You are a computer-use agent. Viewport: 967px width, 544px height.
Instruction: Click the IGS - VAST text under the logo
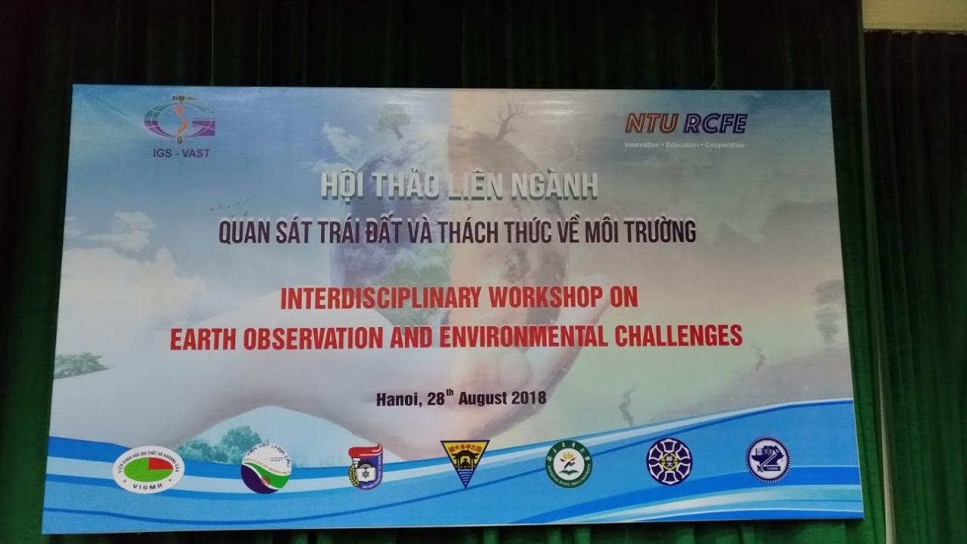[x=178, y=153]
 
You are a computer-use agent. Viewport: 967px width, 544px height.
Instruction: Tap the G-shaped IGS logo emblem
[x=180, y=119]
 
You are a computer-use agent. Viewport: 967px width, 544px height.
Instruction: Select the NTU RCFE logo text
[x=685, y=123]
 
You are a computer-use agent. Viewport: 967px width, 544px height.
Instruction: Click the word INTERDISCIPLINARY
[x=380, y=299]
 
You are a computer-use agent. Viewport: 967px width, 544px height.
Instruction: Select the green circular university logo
[x=569, y=463]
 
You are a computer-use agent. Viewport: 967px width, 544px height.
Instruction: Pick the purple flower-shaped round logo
[x=669, y=461]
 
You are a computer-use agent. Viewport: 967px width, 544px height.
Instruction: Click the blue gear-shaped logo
[x=768, y=459]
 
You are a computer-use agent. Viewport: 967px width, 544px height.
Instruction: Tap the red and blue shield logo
[x=365, y=467]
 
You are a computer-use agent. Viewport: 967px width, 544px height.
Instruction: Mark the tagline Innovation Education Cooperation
[x=684, y=144]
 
